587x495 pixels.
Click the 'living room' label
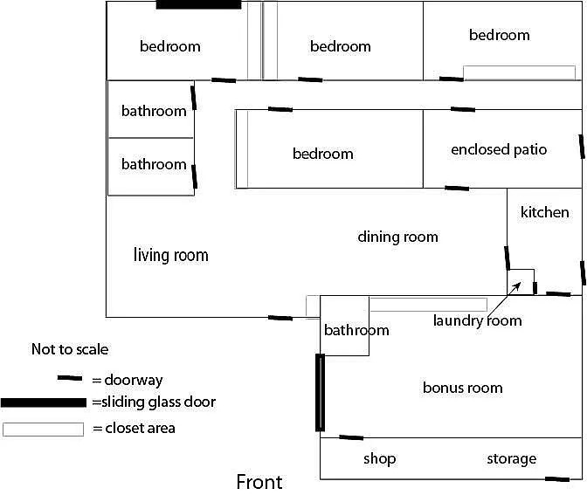pyautogui.click(x=170, y=255)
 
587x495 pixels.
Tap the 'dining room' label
pyautogui.click(x=397, y=237)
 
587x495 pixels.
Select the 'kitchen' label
pyautogui.click(x=544, y=212)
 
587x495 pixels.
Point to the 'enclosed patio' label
pyautogui.click(x=499, y=149)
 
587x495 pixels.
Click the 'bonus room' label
pyautogui.click(x=462, y=388)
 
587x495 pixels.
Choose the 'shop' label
pyautogui.click(x=379, y=458)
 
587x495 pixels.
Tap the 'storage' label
pyautogui.click(x=511, y=458)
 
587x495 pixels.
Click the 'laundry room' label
pyautogui.click(x=477, y=320)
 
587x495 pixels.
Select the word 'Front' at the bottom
pyautogui.click(x=259, y=482)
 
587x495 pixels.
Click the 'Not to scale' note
pyautogui.click(x=70, y=349)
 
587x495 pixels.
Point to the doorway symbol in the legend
pyautogui.click(x=70, y=380)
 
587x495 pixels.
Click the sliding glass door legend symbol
pyautogui.click(x=44, y=402)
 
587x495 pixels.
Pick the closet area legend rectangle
pyautogui.click(x=43, y=429)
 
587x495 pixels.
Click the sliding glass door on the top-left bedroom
pyautogui.click(x=198, y=4)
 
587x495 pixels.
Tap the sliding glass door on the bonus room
pyautogui.click(x=320, y=392)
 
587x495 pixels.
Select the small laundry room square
pyautogui.click(x=521, y=281)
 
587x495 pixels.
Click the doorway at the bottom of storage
pyautogui.click(x=556, y=478)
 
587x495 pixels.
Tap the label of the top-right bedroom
pyautogui.click(x=499, y=35)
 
